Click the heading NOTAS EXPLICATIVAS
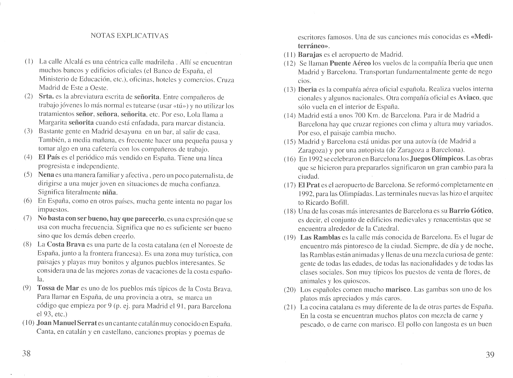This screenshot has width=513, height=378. (x=129, y=36)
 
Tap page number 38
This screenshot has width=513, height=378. (x=26, y=354)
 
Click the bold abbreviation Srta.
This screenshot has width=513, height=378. (x=46, y=97)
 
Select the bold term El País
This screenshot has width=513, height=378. (x=49, y=158)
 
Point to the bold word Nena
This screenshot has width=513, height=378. (x=46, y=175)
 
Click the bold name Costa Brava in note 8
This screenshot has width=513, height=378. (x=66, y=245)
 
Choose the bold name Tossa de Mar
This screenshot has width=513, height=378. (x=58, y=288)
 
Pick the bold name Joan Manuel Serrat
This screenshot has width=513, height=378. (x=67, y=324)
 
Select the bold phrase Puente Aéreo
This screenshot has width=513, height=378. (x=350, y=63)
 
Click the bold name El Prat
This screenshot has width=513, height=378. (x=309, y=185)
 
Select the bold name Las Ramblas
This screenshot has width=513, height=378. (x=320, y=237)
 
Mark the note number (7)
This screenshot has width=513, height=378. (x=28, y=218)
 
